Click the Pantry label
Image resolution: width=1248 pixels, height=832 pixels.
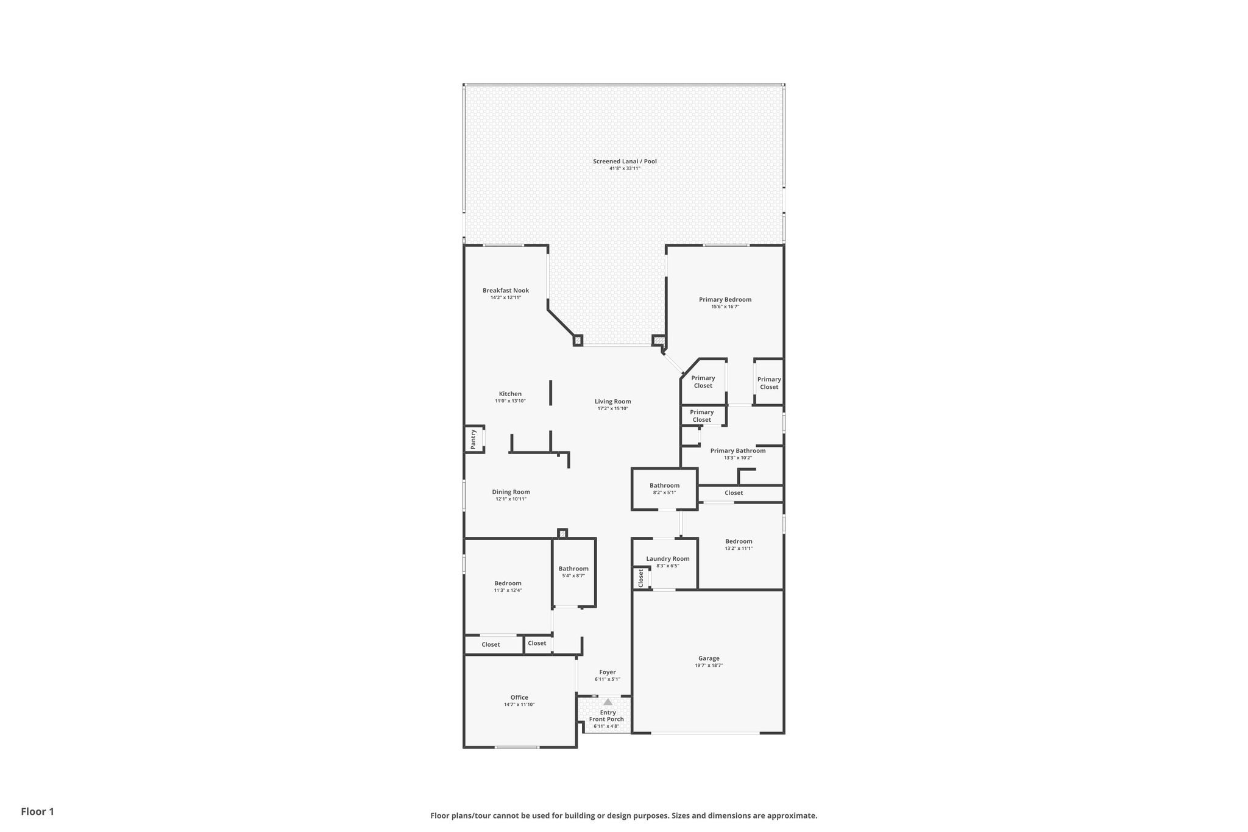473,439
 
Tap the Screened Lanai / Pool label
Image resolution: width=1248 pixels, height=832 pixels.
625,162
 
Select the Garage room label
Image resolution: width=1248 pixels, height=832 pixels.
709,658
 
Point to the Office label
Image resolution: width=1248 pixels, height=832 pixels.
519,697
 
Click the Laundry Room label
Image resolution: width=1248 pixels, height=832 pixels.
668,558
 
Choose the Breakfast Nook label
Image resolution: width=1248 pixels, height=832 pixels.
506,291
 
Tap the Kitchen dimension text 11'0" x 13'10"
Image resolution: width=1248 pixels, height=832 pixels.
510,401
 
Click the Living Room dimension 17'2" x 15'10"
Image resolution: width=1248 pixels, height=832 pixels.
612,408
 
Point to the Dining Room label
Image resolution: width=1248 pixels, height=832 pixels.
511,492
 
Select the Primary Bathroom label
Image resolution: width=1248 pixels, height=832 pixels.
737,450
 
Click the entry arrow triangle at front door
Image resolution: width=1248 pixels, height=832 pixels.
608,702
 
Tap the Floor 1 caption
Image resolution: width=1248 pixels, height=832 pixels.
37,811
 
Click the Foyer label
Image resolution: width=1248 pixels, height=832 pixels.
608,672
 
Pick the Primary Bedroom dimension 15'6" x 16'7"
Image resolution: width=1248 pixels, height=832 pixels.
725,307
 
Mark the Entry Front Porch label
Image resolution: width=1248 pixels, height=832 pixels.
606,716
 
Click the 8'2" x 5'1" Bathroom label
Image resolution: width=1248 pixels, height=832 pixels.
664,486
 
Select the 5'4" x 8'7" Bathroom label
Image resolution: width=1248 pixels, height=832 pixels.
573,569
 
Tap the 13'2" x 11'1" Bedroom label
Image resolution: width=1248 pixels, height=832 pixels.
739,541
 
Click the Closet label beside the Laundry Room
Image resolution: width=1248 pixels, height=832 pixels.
641,578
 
